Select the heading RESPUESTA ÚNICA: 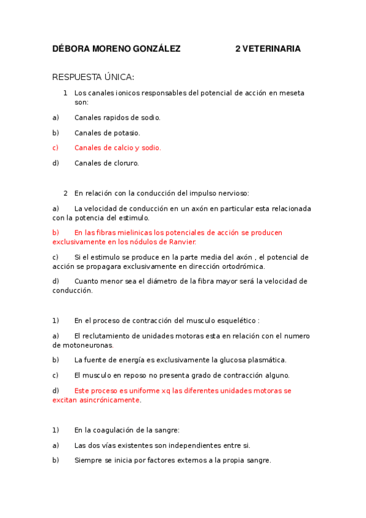pos(93,77)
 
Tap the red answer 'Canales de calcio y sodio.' pos(117,148)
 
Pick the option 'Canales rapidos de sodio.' pos(117,117)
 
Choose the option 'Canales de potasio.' pos(107,133)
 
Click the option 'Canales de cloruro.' pos(106,163)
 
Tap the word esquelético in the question pos(236,320)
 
